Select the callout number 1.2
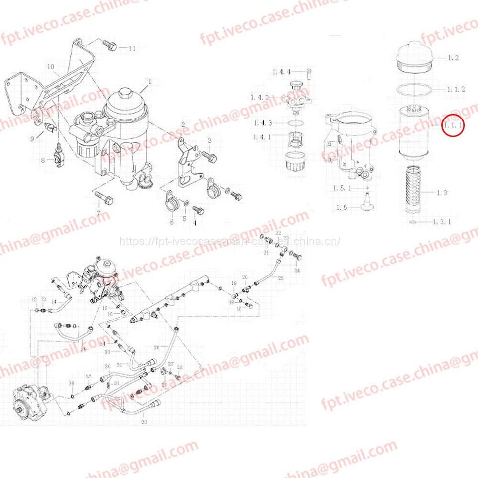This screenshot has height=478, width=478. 453,58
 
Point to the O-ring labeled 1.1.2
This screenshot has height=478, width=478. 414,90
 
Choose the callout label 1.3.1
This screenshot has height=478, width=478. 441,222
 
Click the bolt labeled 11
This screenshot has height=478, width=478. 110,46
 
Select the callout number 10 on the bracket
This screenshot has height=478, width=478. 50,67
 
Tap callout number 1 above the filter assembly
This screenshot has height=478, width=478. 148,81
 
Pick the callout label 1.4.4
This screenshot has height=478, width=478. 281,72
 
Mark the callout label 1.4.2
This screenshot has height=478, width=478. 274,97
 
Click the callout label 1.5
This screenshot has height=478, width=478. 342,207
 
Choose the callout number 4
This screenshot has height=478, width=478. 194,223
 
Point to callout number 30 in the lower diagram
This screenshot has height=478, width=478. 144,422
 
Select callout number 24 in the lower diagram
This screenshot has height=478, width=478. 297,271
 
